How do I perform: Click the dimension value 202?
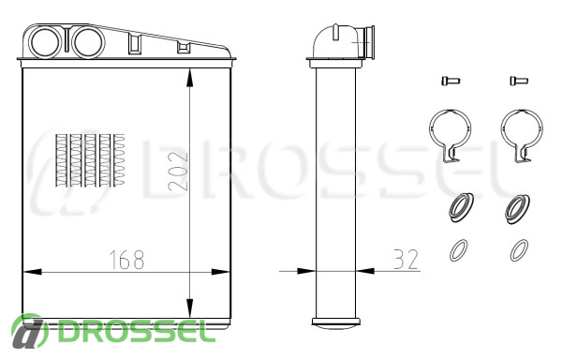[178, 171]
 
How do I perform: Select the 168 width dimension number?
[126, 260]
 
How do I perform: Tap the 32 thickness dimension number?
[406, 260]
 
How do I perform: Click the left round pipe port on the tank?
[46, 42]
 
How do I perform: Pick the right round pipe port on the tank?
[89, 42]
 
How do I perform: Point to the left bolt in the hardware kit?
[451, 81]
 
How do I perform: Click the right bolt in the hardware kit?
[519, 81]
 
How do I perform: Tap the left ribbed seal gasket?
[461, 207]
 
